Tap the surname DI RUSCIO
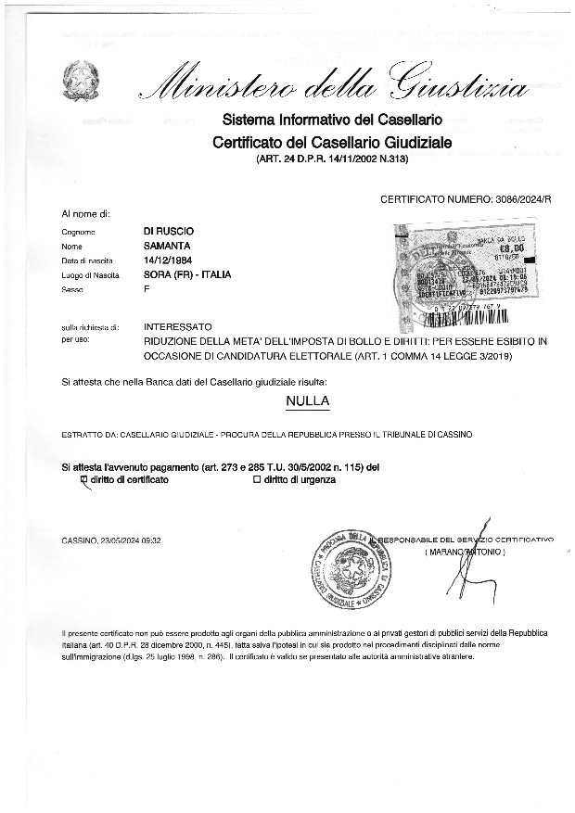click(x=169, y=230)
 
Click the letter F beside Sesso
click(x=147, y=290)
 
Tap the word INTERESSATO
click(x=178, y=327)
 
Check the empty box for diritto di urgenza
click(x=257, y=479)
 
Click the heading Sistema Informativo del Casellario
click(x=331, y=121)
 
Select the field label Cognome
click(x=79, y=231)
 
